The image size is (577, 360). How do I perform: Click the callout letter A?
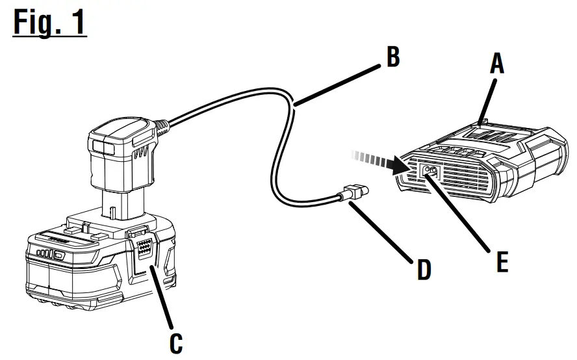496,63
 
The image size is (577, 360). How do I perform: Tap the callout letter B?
392,57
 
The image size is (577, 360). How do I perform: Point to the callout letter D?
423,269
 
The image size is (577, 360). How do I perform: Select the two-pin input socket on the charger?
430,172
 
